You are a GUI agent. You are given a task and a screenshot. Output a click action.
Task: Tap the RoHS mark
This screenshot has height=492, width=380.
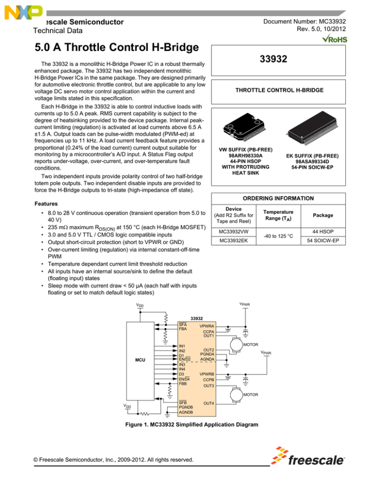(x=334, y=39)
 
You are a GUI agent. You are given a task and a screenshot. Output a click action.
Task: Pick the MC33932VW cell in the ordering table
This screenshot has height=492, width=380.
(x=236, y=231)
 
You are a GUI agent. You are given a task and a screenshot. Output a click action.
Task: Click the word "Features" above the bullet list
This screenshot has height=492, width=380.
(x=48, y=203)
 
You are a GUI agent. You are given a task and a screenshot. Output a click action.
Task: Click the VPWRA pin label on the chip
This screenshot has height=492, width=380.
(x=207, y=327)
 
